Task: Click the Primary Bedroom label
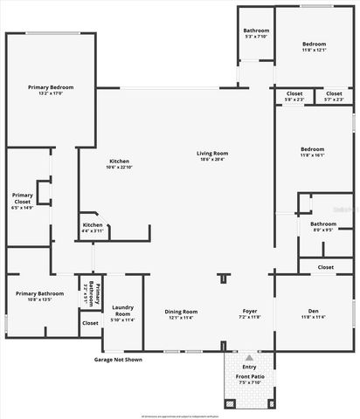pos(51,87)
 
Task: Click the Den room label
pos(313,311)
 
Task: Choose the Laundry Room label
pos(121,307)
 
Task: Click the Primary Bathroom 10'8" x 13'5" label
pos(39,293)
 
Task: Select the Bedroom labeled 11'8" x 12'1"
pos(314,44)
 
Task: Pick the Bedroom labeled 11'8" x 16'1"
pos(313,149)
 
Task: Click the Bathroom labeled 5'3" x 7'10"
pos(257,31)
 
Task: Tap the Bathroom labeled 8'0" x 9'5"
pos(323,224)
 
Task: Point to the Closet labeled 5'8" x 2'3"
pos(294,93)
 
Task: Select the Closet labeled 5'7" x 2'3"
pos(334,93)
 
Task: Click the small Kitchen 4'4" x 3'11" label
pos(93,225)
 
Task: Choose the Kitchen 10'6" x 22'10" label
pos(119,161)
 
